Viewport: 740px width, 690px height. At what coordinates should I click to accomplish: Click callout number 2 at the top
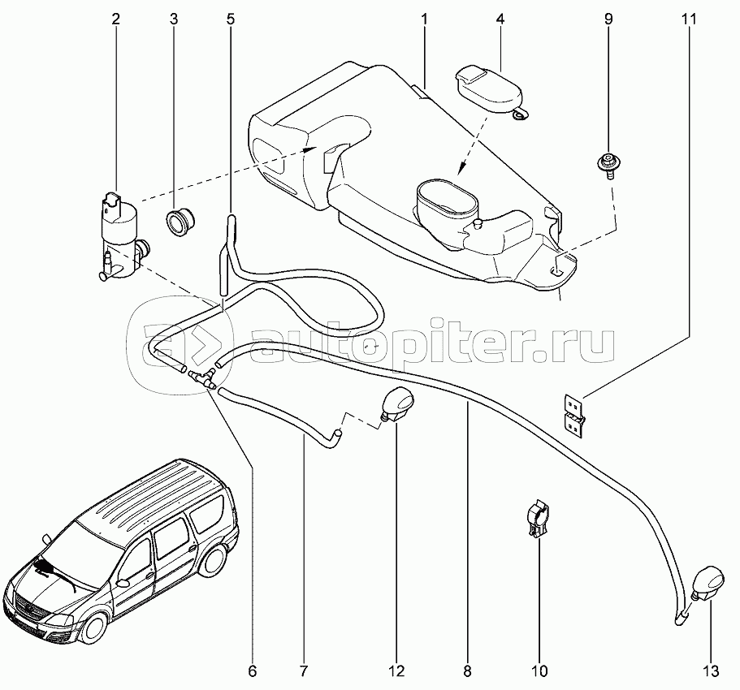point(116,19)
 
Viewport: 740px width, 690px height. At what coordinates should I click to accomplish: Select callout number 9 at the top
point(608,19)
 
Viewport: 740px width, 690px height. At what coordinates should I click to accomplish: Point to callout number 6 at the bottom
point(253,671)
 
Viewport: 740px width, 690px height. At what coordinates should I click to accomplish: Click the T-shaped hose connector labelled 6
point(202,379)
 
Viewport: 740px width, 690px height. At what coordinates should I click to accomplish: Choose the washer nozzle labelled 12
point(398,405)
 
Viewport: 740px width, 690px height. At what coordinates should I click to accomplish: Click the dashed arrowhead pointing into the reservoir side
point(309,149)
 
